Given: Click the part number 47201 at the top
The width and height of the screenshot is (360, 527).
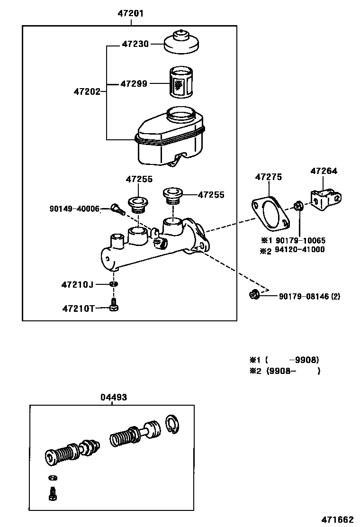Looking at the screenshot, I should (x=130, y=14).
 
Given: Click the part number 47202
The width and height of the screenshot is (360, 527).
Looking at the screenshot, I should (x=87, y=91).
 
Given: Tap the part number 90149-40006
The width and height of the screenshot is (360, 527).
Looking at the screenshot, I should (x=74, y=209).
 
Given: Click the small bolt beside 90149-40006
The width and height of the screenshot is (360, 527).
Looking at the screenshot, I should (x=117, y=209).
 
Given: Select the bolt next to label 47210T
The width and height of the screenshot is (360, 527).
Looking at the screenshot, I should (x=113, y=305).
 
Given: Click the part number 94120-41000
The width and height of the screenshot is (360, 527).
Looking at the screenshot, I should (x=300, y=250).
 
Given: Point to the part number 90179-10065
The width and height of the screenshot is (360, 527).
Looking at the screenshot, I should (x=300, y=240).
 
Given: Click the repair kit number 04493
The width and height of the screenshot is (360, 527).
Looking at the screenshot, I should (x=113, y=397).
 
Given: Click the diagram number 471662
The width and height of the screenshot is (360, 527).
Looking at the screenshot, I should (x=338, y=518).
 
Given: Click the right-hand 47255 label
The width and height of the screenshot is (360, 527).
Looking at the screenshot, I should (x=211, y=195).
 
